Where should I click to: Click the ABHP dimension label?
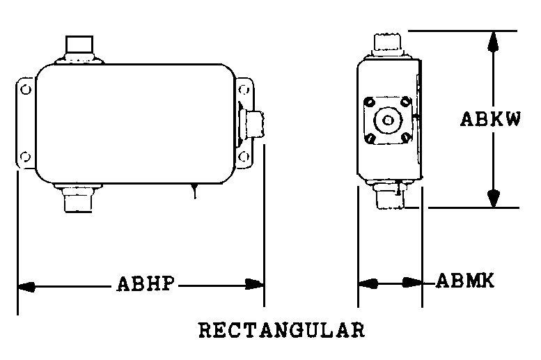click(x=146, y=283)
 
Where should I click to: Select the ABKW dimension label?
click(x=490, y=119)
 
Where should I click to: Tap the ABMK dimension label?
click(x=465, y=280)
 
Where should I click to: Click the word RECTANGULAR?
click(x=281, y=329)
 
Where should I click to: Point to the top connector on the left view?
click(x=79, y=49)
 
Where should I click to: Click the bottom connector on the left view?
click(x=78, y=198)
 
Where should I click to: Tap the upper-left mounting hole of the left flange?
click(x=26, y=90)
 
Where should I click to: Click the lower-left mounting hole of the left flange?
click(x=25, y=157)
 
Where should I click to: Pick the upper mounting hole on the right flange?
click(x=244, y=90)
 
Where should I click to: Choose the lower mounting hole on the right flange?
click(x=244, y=157)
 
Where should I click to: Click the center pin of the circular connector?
click(x=388, y=120)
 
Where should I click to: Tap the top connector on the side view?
click(x=387, y=45)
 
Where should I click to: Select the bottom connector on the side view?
click(x=390, y=195)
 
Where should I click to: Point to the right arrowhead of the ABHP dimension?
click(x=254, y=284)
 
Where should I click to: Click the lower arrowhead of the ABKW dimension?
click(x=494, y=198)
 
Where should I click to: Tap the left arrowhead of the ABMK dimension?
click(x=368, y=283)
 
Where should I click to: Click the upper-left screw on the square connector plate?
click(x=370, y=102)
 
